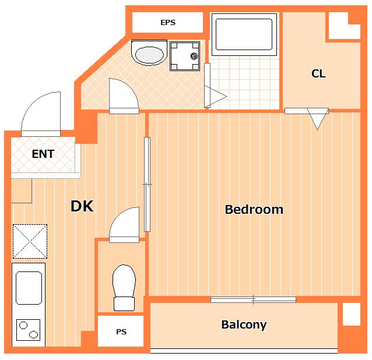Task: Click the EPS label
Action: tap(168, 23)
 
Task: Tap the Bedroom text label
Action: tap(254, 210)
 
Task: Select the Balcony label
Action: tap(244, 324)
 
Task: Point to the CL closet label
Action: tap(318, 73)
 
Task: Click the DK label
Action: tap(82, 206)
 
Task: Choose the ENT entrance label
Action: tap(43, 154)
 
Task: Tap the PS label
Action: tap(121, 331)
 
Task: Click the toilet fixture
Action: tap(124, 288)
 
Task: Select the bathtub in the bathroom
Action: tap(244, 34)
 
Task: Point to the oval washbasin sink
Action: tap(149, 52)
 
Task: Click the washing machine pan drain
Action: tap(194, 56)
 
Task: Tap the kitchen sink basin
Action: tap(29, 288)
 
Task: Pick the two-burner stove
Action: tap(28, 330)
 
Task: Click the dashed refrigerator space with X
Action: tap(30, 241)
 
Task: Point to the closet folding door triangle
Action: tap(318, 119)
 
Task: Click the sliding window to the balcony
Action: tap(254, 299)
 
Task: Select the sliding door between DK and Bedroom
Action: tap(148, 184)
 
